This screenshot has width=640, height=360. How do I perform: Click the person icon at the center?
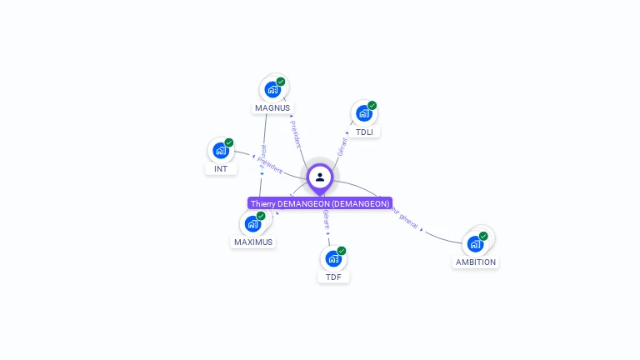[320, 177]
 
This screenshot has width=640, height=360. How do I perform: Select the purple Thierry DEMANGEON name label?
[320, 203]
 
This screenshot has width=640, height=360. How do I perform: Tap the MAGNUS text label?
[272, 107]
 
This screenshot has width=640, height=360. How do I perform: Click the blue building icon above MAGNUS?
[272, 89]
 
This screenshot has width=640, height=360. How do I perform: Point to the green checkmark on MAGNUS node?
[281, 82]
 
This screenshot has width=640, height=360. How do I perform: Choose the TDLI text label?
[364, 132]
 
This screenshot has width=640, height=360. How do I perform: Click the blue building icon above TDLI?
[363, 113]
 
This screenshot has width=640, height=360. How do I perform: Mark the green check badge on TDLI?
[372, 106]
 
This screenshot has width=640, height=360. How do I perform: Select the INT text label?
[221, 168]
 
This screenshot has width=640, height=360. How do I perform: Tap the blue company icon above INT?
[220, 150]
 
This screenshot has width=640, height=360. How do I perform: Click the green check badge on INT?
[229, 142]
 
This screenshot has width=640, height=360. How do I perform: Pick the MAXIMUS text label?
[253, 242]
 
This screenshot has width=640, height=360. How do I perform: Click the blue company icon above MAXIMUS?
[252, 223]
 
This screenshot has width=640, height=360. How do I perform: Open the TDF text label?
[333, 277]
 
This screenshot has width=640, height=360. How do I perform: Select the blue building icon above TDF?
[332, 258]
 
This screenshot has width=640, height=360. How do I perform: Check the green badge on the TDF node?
[342, 251]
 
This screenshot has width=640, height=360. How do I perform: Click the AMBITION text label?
[476, 262]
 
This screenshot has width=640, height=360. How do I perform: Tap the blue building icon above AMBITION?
[475, 244]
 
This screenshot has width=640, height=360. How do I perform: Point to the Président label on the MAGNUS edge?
[296, 133]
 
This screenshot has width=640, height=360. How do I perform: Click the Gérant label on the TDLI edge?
[342, 147]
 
